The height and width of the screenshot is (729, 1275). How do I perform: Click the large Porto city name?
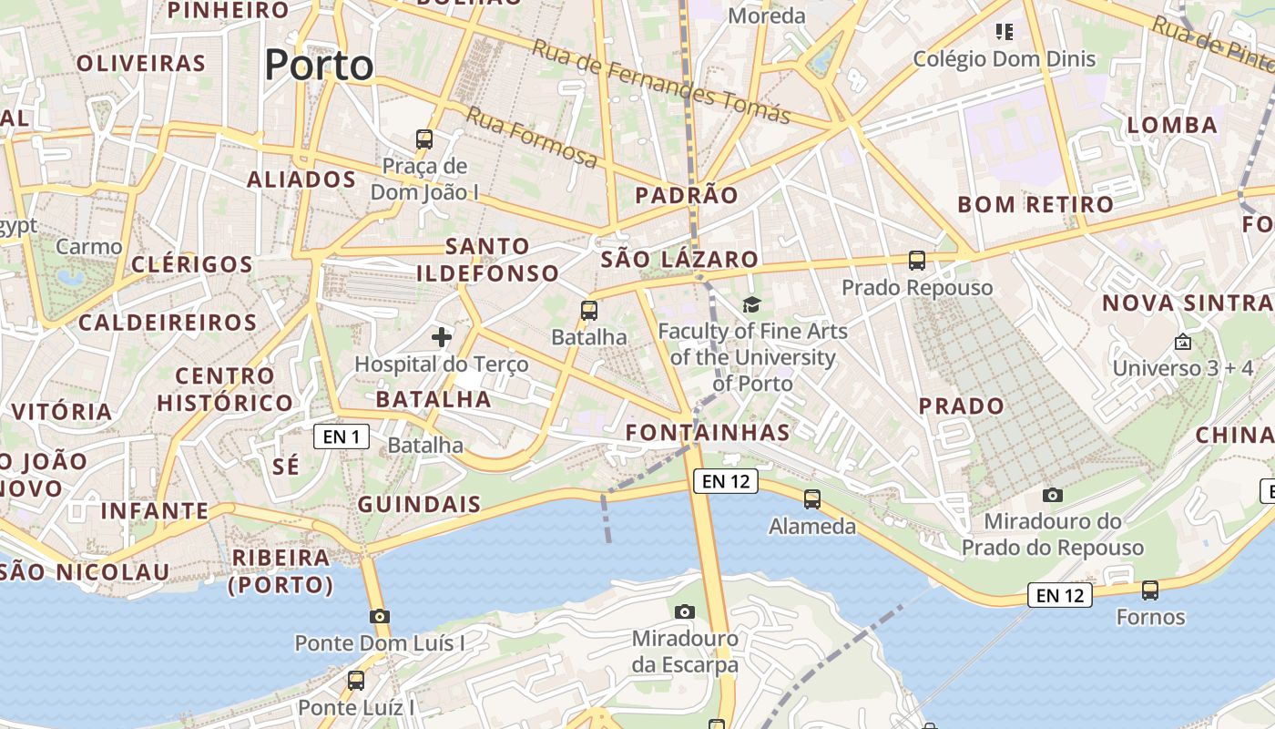coord(319,66)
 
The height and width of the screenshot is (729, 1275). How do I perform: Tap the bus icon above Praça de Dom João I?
coord(424,139)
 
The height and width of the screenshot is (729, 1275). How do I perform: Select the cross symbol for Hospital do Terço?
coord(442,337)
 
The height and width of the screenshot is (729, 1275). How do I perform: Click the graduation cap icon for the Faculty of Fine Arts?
coord(751,304)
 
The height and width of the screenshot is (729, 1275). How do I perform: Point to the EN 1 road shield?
coord(341,436)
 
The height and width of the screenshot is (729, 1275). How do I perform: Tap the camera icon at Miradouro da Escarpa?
coord(685,611)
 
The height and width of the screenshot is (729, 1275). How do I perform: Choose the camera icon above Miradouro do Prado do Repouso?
coord(1053,495)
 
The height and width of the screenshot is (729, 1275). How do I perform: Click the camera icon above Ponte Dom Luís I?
coord(380,616)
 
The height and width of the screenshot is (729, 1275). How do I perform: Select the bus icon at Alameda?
coord(811,499)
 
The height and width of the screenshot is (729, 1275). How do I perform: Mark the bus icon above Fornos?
coord(1150,590)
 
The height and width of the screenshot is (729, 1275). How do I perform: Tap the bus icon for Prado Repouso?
coord(917,261)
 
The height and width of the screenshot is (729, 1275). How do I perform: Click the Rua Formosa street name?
coord(533,137)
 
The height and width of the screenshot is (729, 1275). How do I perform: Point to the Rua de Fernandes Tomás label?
coord(661,81)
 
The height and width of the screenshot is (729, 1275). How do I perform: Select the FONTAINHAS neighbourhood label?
coord(708,432)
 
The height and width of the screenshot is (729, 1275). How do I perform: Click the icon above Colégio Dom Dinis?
coord(1005,33)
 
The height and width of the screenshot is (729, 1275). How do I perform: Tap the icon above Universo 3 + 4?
coord(1182,342)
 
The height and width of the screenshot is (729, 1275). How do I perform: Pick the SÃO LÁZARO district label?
coord(679,260)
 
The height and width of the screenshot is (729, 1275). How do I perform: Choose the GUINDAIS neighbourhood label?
coord(419,505)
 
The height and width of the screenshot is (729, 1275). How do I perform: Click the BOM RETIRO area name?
coord(1035,204)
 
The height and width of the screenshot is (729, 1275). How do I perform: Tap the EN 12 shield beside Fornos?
coord(1060,596)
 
